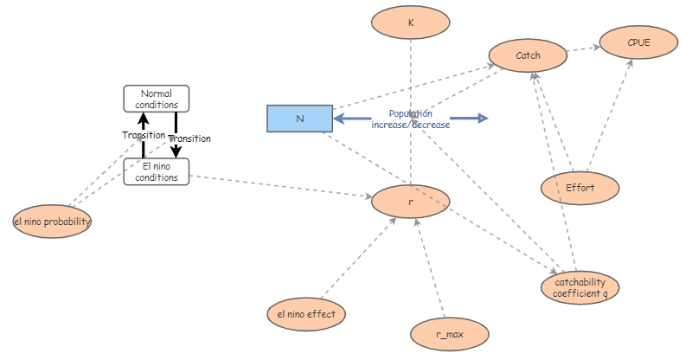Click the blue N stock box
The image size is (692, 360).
click(x=299, y=119)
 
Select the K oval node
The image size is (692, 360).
click(x=411, y=23)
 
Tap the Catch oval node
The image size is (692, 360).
click(x=528, y=56)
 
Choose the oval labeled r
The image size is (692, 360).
click(x=411, y=202)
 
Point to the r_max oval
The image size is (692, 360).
click(x=450, y=331)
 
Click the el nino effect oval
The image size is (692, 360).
click(x=306, y=313)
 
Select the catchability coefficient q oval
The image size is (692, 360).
click(x=580, y=288)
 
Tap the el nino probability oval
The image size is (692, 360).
click(x=53, y=222)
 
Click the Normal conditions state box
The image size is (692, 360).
click(x=157, y=99)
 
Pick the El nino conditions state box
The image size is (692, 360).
click(x=157, y=171)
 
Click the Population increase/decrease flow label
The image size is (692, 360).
click(x=411, y=119)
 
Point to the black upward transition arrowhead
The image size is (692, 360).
click(x=144, y=119)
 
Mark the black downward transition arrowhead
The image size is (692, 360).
click(x=176, y=151)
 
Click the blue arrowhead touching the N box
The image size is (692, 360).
click(x=340, y=119)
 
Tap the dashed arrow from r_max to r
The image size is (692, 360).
click(x=430, y=268)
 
